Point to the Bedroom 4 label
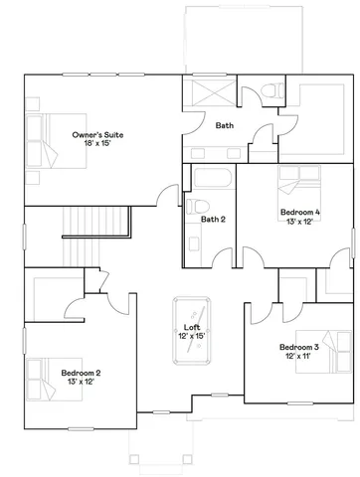(299, 212)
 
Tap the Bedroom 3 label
(299, 347)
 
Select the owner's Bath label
(225, 125)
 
